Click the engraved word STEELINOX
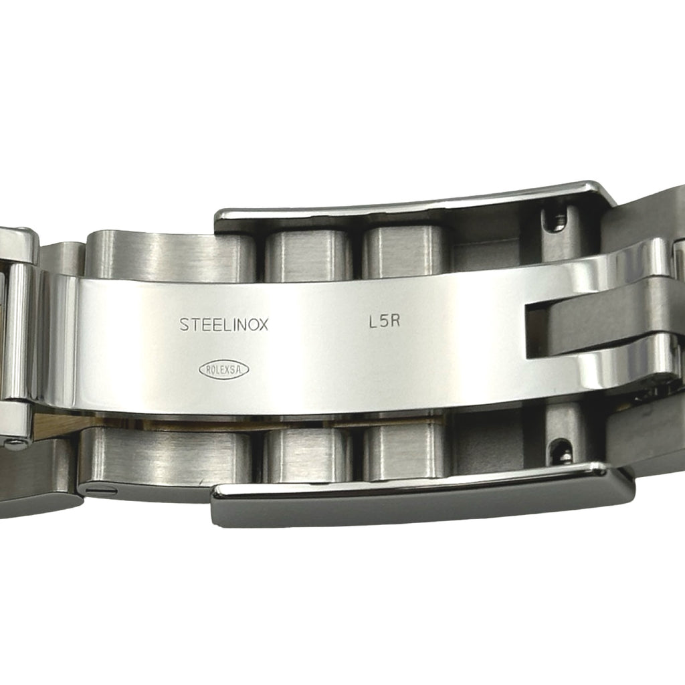pos(223,324)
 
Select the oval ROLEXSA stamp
pos(223,370)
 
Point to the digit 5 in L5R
pos(385,322)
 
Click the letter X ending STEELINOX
pos(262,325)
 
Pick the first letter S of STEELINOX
pos(184,324)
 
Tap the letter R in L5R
pos(395,322)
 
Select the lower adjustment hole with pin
pos(563,453)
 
